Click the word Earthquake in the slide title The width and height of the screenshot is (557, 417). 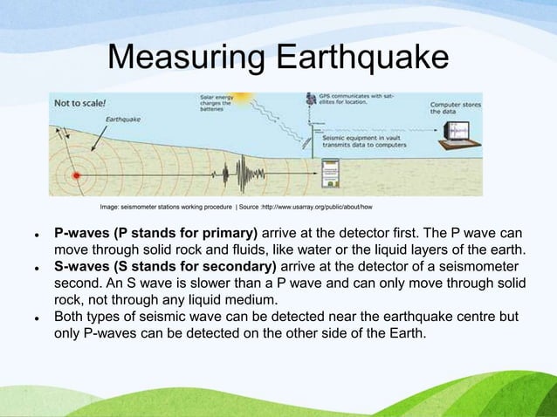pyautogui.click(x=361, y=59)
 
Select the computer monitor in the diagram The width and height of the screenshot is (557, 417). pyautogui.click(x=457, y=132)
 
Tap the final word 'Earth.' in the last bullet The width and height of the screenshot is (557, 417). pyautogui.click(x=407, y=332)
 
